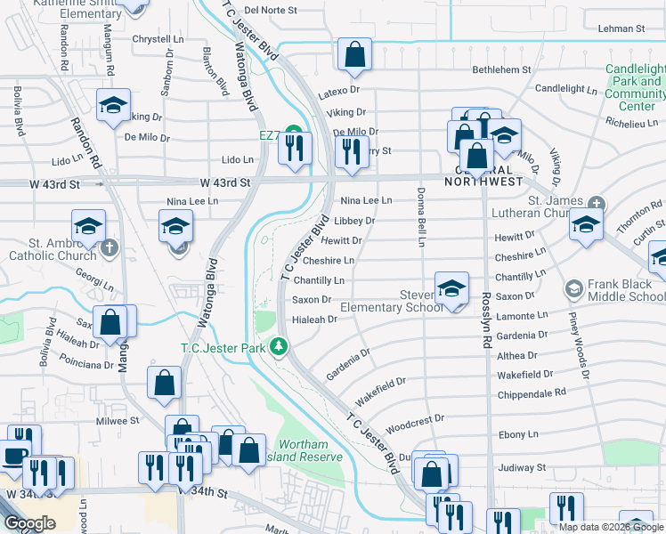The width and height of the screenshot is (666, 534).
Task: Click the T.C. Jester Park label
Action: pos(223,348)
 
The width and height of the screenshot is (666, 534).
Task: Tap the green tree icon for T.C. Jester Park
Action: pos(280,345)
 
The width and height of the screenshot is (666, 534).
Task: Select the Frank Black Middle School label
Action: pos(621,290)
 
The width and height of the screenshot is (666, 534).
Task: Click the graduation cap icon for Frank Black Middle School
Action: pos(574,289)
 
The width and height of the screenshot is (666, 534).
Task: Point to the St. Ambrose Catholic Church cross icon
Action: pos(110,247)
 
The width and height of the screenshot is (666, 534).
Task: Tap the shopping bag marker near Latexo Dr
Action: pos(355,55)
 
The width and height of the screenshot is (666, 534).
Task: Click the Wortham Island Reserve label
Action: pos(309,450)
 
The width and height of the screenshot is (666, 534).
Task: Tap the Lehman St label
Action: pos(621,28)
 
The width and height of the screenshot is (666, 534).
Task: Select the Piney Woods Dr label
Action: pos(583,352)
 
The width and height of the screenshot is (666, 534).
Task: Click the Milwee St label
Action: pos(118,420)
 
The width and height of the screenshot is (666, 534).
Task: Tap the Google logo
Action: pos(30,523)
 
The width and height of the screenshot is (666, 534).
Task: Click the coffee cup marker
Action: pos(14,455)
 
